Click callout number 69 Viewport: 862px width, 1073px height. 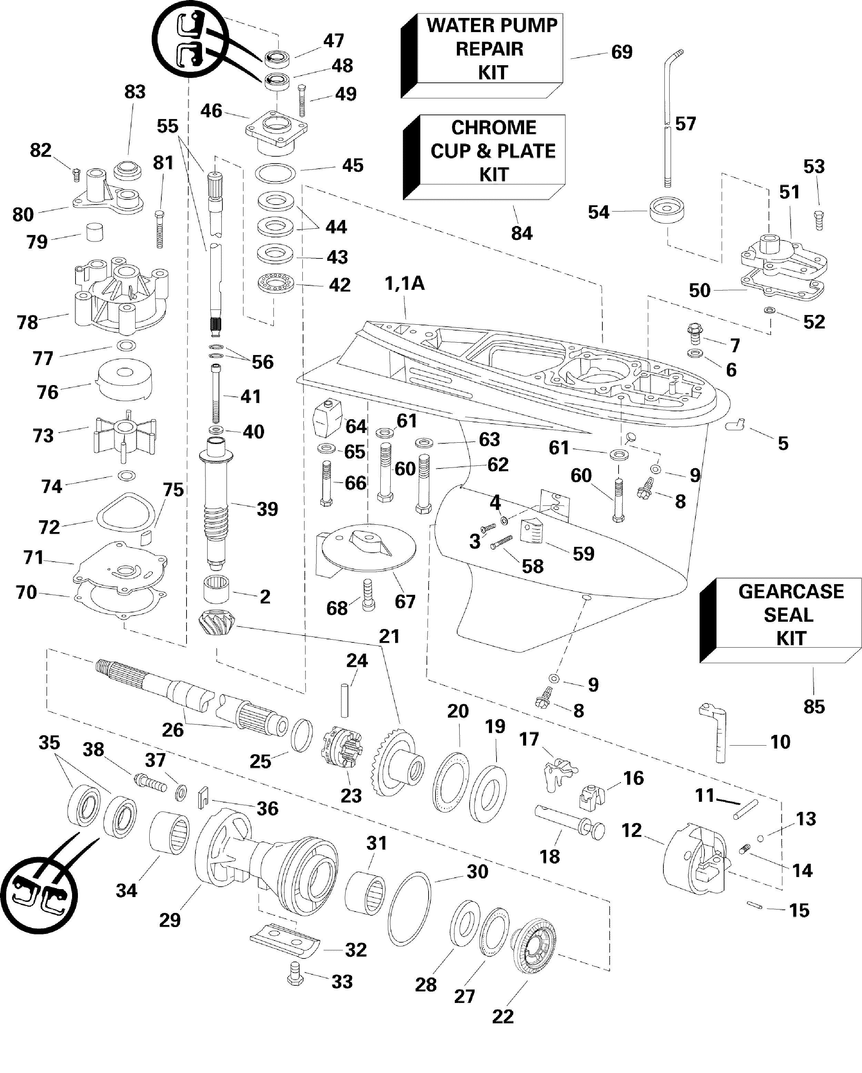coord(622,52)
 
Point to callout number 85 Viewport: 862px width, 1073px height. coord(814,706)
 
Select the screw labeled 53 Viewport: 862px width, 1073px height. coord(818,219)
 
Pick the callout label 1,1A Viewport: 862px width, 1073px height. coord(404,284)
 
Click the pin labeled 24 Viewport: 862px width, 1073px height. coord(344,701)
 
